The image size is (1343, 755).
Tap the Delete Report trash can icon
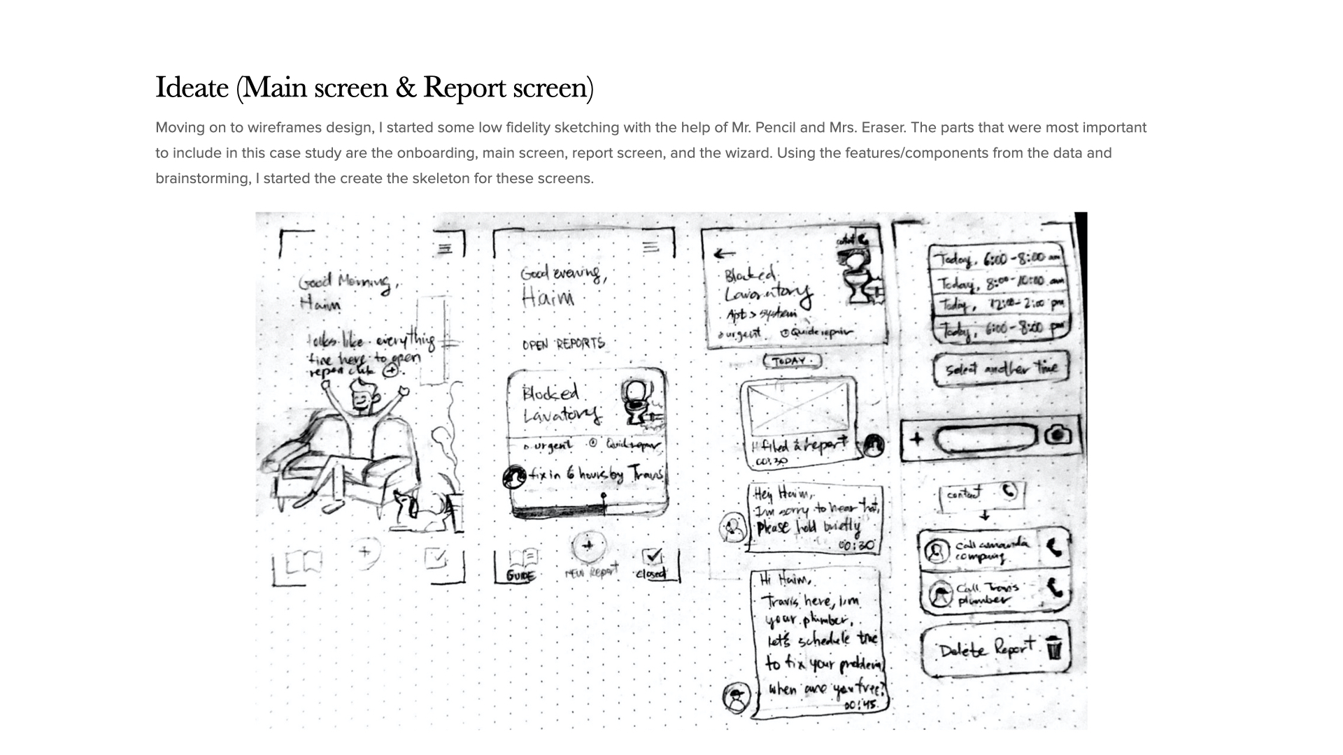(x=1055, y=649)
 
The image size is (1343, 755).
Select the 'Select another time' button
(x=1001, y=368)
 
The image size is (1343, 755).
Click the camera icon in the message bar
(x=1058, y=436)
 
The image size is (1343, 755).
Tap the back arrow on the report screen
(x=725, y=254)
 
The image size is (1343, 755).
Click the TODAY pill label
(x=791, y=361)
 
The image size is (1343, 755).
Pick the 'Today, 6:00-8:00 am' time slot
(x=997, y=259)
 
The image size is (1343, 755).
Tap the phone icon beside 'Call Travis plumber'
(x=1055, y=589)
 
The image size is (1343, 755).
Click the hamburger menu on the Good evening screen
(x=651, y=246)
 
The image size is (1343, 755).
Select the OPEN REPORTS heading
(x=563, y=345)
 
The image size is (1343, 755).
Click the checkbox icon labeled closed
(x=653, y=556)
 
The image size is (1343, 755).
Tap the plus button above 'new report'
(x=588, y=545)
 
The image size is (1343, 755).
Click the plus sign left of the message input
(x=917, y=439)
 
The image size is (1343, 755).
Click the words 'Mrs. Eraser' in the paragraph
(x=858, y=128)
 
